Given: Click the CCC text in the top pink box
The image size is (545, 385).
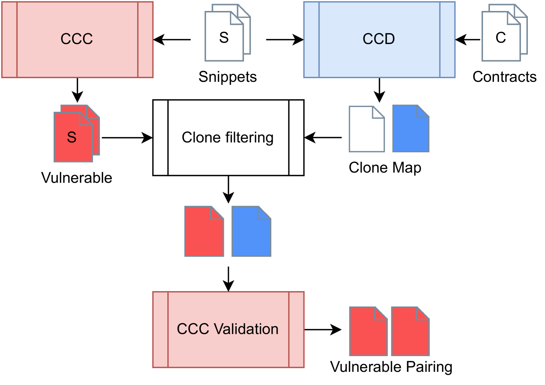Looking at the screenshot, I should point(77,39).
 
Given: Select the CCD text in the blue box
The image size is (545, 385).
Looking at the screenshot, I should point(379,39).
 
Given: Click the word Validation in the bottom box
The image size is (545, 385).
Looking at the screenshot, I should point(246,329).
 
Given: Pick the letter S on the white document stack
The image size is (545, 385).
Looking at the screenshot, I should point(224,38).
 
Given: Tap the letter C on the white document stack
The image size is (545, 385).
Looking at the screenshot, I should point(501,38).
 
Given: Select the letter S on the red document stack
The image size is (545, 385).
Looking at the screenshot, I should point(72,137).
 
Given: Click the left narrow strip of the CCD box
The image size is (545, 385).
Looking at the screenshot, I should point(311,39).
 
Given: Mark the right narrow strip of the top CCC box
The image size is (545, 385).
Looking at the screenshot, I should point(145,39).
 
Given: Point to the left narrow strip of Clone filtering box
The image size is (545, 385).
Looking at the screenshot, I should point(161,138).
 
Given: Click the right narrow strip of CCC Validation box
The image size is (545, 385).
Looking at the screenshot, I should point(296,329).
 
